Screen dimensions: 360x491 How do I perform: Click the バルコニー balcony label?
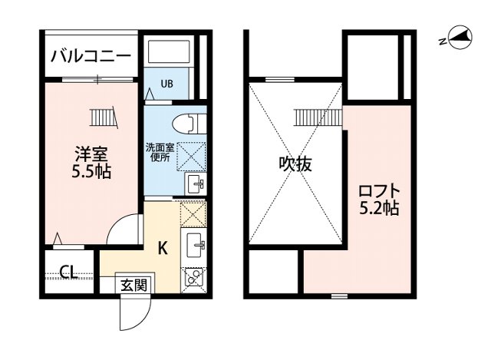(91, 56)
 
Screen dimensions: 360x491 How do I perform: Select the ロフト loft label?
(379, 189)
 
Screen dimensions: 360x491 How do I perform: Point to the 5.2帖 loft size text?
(379, 207)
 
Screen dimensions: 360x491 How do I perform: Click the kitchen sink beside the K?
(195, 246)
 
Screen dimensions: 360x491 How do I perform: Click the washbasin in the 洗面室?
(193, 183)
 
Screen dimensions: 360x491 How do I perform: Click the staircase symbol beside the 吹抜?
(316, 117)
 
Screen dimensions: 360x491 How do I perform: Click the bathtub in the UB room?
(170, 53)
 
